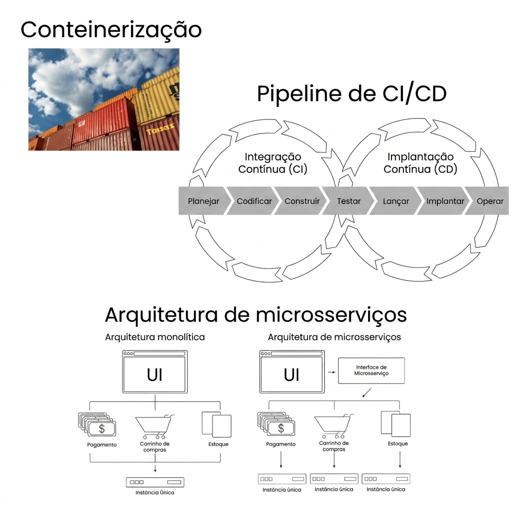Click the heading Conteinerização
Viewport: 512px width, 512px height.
pos(111,29)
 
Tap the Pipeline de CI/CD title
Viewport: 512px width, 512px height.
pos(351,93)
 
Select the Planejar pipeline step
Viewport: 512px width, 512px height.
pos(203,201)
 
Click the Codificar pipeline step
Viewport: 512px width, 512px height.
pos(254,201)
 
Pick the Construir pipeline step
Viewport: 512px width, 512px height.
pos(302,201)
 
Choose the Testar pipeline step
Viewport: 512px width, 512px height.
pos(348,201)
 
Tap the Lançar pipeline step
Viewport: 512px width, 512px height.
pos(395,201)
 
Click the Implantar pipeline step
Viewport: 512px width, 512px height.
pos(445,201)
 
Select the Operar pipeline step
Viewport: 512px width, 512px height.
pos(490,201)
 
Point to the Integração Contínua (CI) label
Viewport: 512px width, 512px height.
pos(272,163)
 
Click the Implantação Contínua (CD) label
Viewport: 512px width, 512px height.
pos(420,163)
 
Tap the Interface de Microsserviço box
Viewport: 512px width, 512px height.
pos(371,370)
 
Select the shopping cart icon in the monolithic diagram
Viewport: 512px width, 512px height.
pos(154,425)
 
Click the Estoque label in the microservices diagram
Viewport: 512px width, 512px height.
pos(397,443)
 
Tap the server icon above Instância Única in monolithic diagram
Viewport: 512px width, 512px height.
pos(155,482)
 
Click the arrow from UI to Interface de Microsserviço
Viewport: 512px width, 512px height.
pos(331,372)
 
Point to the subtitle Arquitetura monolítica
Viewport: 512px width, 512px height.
pos(154,337)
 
